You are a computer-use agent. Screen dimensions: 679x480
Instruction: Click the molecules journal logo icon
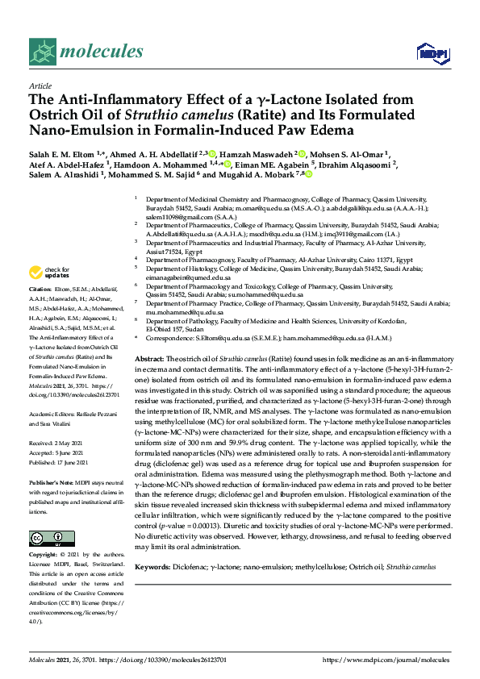coord(42,52)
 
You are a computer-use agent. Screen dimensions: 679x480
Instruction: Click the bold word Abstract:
coord(149,357)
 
